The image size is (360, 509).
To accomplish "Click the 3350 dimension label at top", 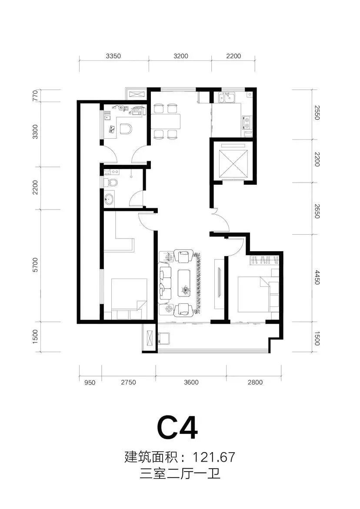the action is [x=113, y=56].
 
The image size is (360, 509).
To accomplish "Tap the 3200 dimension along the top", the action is [x=181, y=56].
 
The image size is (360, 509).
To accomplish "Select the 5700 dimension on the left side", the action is [x=35, y=265].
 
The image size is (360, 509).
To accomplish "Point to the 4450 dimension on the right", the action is [x=317, y=277].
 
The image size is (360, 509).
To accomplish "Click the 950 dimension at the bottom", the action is [x=90, y=383].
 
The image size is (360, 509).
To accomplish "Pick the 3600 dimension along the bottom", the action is [x=191, y=383].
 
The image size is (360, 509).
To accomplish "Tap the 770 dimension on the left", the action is [x=35, y=96].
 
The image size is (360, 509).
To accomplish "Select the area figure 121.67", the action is [x=214, y=457].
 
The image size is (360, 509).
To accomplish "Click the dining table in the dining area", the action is [x=166, y=121].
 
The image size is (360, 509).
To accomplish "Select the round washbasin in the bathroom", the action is [x=110, y=199].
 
